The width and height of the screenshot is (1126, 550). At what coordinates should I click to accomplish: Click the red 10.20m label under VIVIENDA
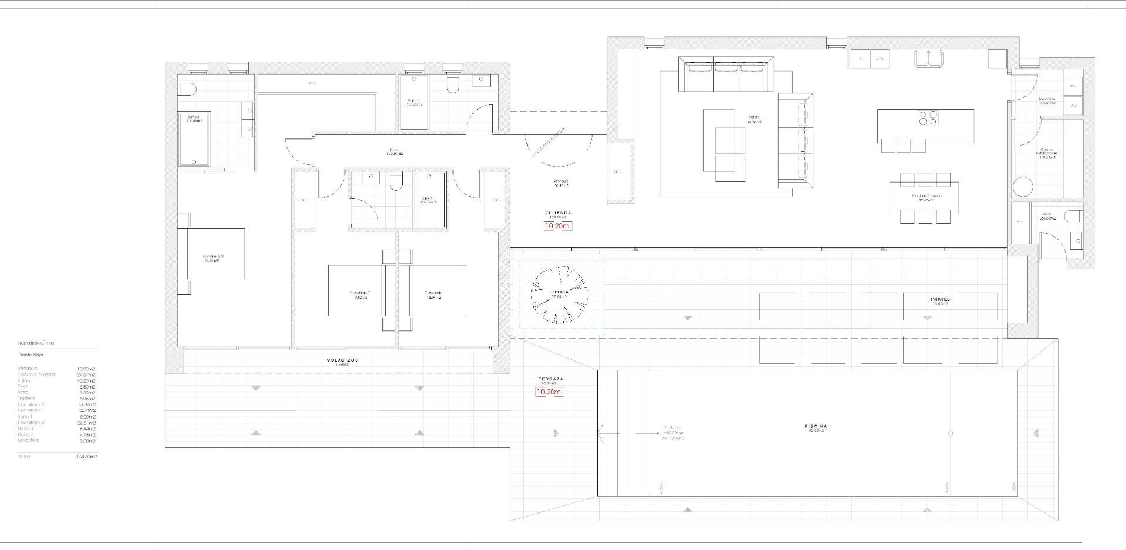(557, 226)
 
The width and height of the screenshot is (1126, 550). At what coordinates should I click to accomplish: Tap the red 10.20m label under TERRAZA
(549, 392)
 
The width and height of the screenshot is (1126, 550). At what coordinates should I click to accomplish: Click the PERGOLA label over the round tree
(559, 292)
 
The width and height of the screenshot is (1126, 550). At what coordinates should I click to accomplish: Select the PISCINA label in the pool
(816, 426)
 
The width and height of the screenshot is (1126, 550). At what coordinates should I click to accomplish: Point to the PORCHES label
(939, 299)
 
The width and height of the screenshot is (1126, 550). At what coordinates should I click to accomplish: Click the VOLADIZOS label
(342, 360)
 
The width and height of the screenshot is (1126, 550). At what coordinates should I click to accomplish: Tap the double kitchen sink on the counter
(928, 58)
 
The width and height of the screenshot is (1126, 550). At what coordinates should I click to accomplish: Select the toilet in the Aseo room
(1073, 217)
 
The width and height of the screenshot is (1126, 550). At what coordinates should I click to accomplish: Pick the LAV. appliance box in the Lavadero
(1073, 106)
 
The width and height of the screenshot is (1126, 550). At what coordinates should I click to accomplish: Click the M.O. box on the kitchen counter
(880, 59)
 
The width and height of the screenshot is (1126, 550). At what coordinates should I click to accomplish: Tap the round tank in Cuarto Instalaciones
(1023, 187)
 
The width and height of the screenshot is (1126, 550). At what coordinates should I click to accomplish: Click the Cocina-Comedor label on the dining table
(927, 196)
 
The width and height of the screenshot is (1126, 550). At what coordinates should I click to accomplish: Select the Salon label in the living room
(753, 117)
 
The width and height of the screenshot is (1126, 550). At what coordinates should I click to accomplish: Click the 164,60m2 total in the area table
(86, 457)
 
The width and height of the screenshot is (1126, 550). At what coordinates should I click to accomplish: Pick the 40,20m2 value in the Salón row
(86, 380)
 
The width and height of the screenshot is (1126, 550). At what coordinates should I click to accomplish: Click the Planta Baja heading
(31, 355)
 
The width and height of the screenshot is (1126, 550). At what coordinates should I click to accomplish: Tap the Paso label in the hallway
(394, 149)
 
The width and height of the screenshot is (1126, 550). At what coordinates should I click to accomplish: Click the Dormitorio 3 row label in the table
(31, 423)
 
